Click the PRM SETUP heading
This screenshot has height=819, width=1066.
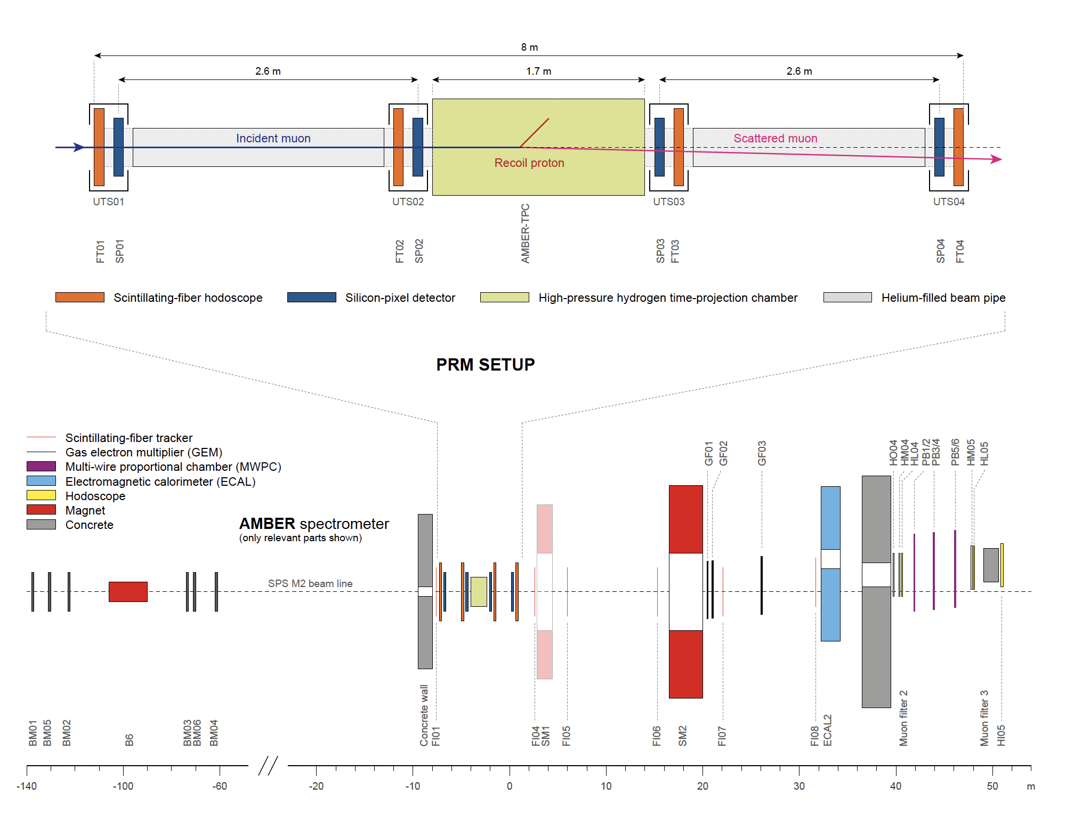(x=485, y=365)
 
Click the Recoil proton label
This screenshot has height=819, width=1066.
(x=529, y=163)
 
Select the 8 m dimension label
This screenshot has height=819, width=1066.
(x=529, y=47)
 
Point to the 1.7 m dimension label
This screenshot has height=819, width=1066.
(x=538, y=71)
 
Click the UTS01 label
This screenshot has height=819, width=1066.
(x=108, y=202)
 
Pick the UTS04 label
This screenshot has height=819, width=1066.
(x=949, y=202)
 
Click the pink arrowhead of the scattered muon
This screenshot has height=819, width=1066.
(x=996, y=159)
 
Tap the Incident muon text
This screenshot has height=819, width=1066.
(x=273, y=139)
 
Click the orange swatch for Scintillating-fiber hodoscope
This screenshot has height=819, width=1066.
(x=80, y=298)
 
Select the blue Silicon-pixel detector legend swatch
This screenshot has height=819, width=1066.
(x=311, y=298)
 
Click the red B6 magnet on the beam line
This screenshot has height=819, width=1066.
(x=128, y=591)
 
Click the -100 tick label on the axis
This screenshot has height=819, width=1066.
(x=123, y=786)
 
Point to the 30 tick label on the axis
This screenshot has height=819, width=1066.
(x=799, y=786)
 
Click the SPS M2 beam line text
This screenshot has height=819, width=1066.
(x=310, y=583)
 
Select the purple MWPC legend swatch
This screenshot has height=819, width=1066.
(x=41, y=467)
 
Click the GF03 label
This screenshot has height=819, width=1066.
(x=762, y=453)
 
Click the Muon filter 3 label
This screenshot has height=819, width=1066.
(x=984, y=718)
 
